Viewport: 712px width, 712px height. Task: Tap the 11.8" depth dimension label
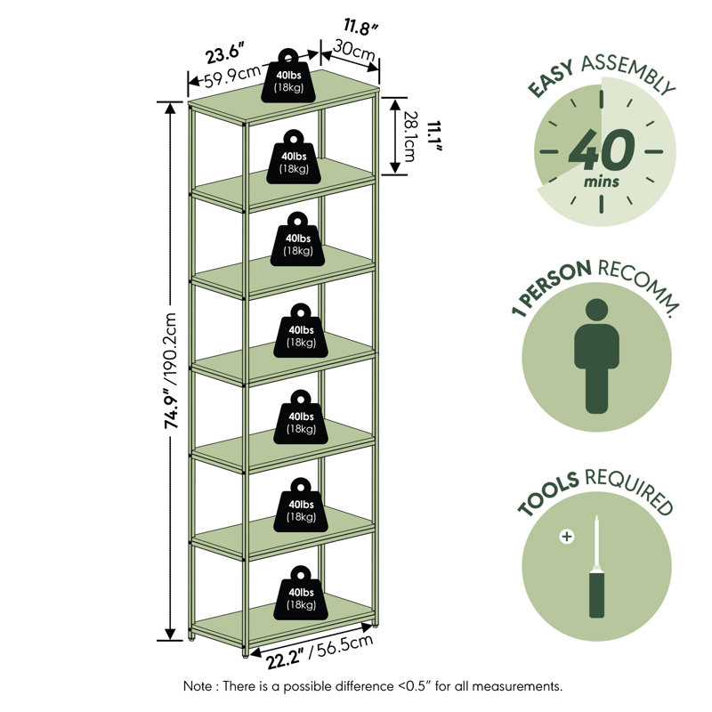pyautogui.click(x=360, y=28)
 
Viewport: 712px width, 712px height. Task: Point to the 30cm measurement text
pyautogui.click(x=354, y=51)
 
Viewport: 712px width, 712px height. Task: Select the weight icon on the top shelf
pyautogui.click(x=288, y=76)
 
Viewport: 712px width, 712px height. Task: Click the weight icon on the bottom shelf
pyautogui.click(x=301, y=593)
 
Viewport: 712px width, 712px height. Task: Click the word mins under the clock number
pyautogui.click(x=602, y=182)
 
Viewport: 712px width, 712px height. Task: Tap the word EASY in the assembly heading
pyautogui.click(x=551, y=78)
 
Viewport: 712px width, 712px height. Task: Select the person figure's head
pyautogui.click(x=596, y=310)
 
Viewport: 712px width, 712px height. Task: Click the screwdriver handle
pyautogui.click(x=596, y=595)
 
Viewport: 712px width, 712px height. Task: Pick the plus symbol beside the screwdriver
pyautogui.click(x=567, y=537)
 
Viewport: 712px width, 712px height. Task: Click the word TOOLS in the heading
pyautogui.click(x=548, y=494)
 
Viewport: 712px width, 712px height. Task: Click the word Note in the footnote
pyautogui.click(x=197, y=686)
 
